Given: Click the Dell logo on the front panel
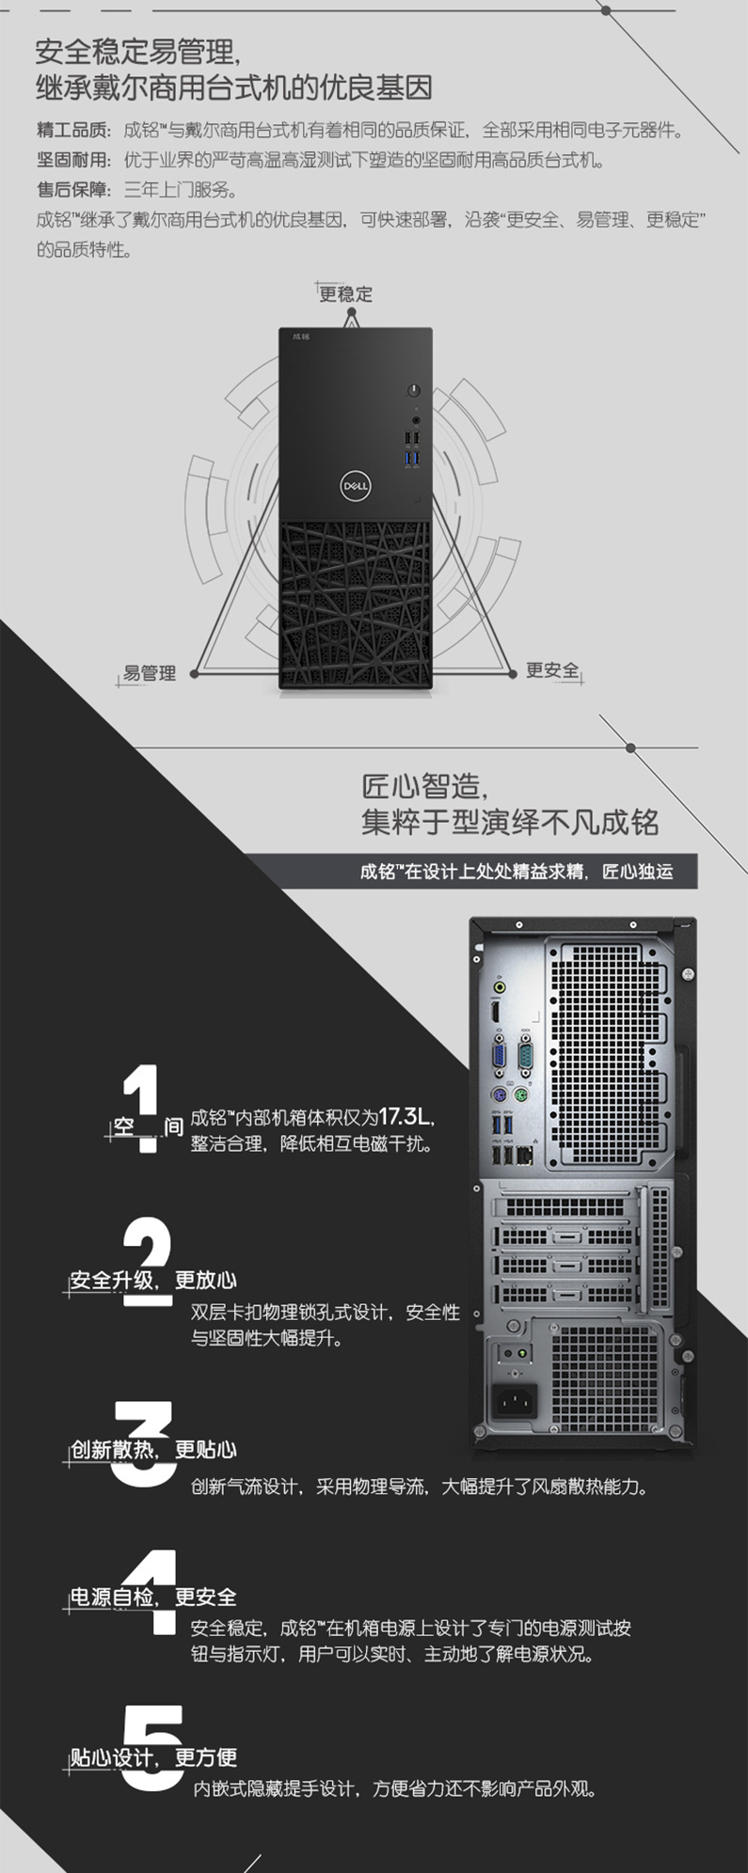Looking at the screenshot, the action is [356, 485].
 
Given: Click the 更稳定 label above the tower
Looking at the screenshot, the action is [345, 294].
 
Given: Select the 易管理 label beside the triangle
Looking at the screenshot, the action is [150, 673].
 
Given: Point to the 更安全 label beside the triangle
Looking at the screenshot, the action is [552, 670].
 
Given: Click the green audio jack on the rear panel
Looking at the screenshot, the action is [501, 987].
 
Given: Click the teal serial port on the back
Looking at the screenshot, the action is [525, 1053].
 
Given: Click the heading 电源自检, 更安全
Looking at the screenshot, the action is [153, 1596].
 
